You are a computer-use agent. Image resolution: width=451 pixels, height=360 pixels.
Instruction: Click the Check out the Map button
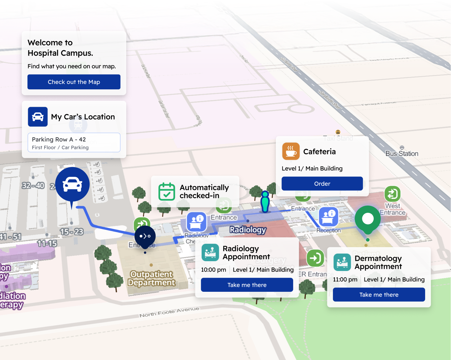(x=74, y=82)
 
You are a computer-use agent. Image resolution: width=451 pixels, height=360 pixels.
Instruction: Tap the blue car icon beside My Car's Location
(x=38, y=117)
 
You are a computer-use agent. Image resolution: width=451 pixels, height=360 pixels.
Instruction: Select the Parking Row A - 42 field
(x=74, y=143)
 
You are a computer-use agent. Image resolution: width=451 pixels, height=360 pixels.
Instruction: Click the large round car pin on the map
(x=72, y=184)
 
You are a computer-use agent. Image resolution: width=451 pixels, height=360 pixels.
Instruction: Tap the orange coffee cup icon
(x=291, y=152)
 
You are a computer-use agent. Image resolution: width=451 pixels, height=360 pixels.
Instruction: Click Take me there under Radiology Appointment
(x=247, y=285)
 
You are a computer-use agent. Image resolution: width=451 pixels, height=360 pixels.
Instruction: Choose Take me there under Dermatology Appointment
(x=379, y=295)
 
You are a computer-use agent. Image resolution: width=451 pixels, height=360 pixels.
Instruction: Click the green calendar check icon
(x=167, y=192)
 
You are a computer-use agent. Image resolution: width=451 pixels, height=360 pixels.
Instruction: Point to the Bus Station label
(x=402, y=154)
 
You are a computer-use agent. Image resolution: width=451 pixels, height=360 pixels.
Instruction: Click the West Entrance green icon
(x=392, y=194)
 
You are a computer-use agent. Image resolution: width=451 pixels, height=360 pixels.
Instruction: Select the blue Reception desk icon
(x=329, y=217)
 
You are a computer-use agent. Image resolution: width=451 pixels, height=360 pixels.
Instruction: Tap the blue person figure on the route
(x=265, y=202)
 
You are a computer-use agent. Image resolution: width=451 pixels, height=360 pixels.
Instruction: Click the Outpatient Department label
(x=151, y=279)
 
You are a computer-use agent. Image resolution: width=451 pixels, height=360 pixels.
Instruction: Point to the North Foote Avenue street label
(x=169, y=312)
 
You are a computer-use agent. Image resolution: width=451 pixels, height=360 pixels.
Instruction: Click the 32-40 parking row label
(x=33, y=186)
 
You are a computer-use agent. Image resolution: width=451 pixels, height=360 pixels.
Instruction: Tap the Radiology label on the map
(x=248, y=230)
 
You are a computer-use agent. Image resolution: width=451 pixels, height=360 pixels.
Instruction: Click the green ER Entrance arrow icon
(x=315, y=258)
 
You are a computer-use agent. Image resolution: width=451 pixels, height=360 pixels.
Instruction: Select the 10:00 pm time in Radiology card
(x=213, y=270)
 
